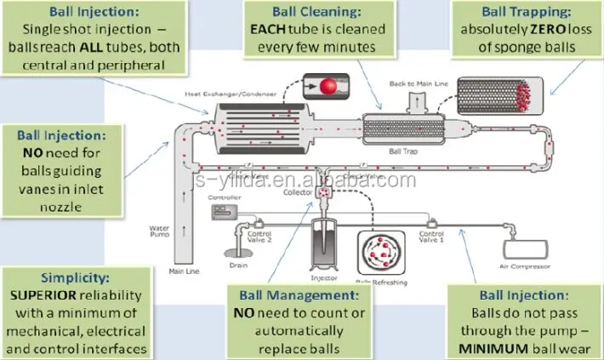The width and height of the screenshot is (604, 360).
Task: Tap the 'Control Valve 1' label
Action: pyautogui.click(x=432, y=236)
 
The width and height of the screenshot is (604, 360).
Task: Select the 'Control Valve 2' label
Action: pyautogui.click(x=259, y=236)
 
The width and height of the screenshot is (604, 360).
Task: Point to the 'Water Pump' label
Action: pyautogui.click(x=161, y=231)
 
